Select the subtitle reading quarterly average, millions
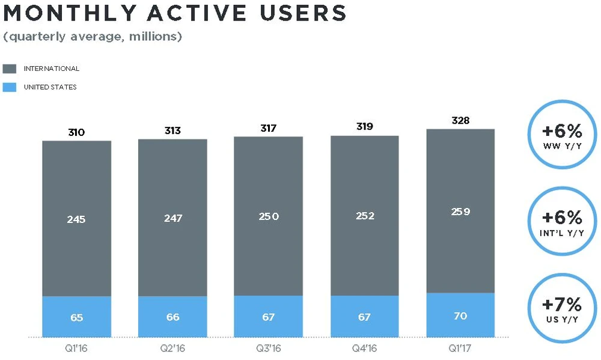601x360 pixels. (93, 37)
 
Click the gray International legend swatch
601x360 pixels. (10, 69)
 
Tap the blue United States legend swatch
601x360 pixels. (10, 87)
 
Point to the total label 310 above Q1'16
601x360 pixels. (76, 132)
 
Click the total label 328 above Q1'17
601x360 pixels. (460, 121)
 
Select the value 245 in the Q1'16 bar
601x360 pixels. (76, 219)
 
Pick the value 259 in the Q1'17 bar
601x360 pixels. (460, 212)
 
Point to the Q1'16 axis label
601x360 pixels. (76, 347)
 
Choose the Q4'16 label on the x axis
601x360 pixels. (364, 347)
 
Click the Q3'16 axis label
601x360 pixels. (268, 347)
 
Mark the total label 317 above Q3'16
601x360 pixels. (268, 128)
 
